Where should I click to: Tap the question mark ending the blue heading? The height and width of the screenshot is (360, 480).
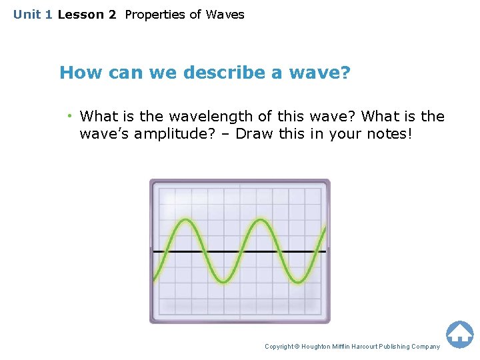[x=345, y=73]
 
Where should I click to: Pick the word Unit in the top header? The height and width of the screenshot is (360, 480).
[x=27, y=15]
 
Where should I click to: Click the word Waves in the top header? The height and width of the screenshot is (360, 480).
[x=225, y=15]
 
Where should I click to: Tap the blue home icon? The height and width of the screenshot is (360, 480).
[x=459, y=334]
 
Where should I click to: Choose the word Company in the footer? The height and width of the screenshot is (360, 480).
[x=426, y=347]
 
